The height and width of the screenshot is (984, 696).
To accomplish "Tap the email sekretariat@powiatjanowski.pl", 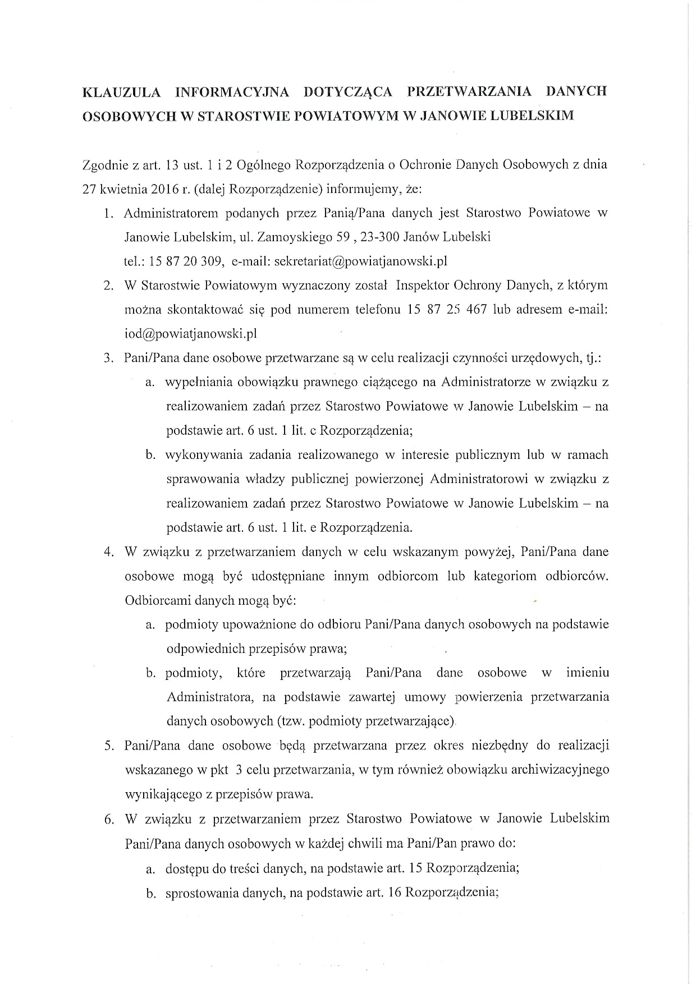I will pyautogui.click(x=360, y=261).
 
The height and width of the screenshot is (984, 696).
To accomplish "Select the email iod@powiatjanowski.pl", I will pyautogui.click(x=190, y=333).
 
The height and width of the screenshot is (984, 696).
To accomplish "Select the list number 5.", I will pyautogui.click(x=109, y=746).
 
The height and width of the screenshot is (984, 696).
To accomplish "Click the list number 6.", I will pyautogui.click(x=109, y=819).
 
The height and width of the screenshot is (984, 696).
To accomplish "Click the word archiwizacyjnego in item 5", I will pyautogui.click(x=560, y=770).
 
